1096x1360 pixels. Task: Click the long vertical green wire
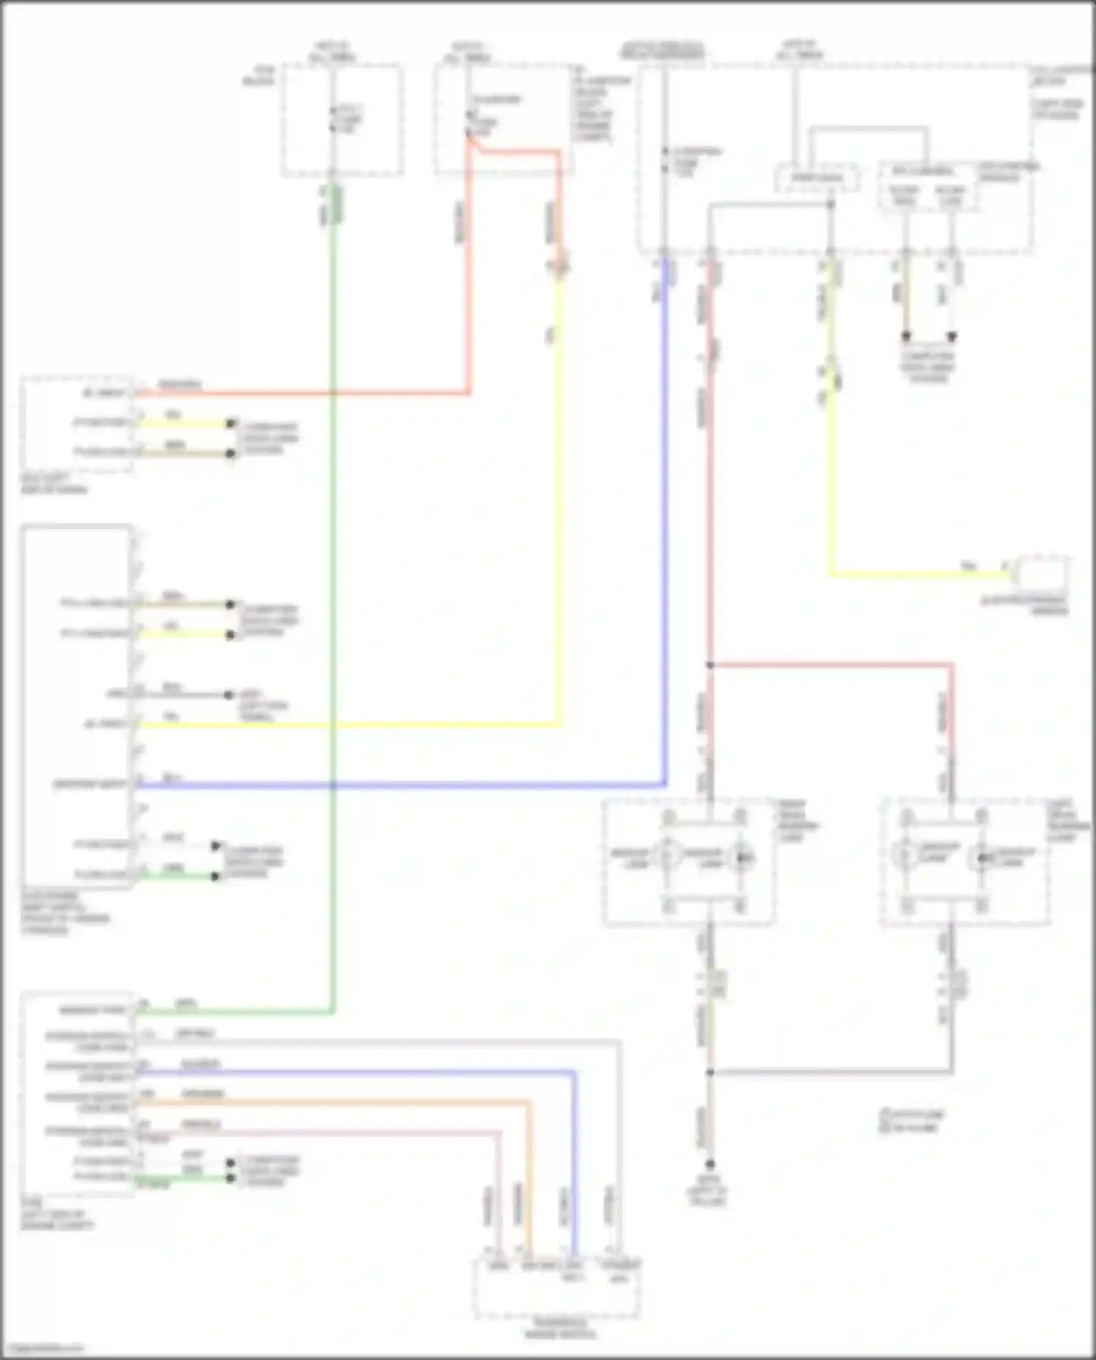click(333, 585)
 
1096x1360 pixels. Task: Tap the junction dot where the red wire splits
click(709, 665)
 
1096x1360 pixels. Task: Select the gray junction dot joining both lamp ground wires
click(709, 1072)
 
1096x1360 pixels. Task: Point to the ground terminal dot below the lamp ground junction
click(709, 1164)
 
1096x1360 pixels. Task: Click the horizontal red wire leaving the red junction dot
click(833, 665)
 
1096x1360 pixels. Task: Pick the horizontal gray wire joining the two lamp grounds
click(833, 1072)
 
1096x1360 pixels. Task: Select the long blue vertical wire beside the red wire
click(665, 512)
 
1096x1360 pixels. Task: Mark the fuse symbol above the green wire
click(333, 119)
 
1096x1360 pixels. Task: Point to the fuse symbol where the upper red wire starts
click(469, 124)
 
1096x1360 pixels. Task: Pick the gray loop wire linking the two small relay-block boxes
click(869, 129)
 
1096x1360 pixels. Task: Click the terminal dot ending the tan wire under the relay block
click(906, 337)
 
